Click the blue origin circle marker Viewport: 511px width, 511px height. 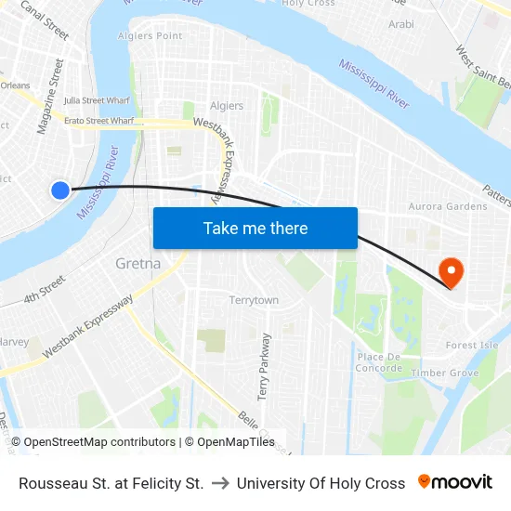(60, 190)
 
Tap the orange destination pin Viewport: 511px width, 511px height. (451, 270)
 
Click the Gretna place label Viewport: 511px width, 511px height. (138, 263)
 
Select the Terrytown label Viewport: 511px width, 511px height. (254, 300)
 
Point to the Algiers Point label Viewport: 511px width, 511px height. (151, 35)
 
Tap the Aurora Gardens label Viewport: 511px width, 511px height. (448, 206)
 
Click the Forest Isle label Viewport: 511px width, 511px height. (471, 345)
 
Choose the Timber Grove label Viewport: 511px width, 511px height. (444, 373)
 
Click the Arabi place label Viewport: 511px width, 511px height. (401, 24)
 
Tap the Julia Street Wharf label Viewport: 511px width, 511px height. (97, 100)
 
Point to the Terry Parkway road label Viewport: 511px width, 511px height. (264, 366)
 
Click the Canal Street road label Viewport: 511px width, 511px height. (45, 20)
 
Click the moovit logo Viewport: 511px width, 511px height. (455, 482)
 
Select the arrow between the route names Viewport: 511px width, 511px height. (220, 483)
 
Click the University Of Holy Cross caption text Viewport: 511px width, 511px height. (321, 483)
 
